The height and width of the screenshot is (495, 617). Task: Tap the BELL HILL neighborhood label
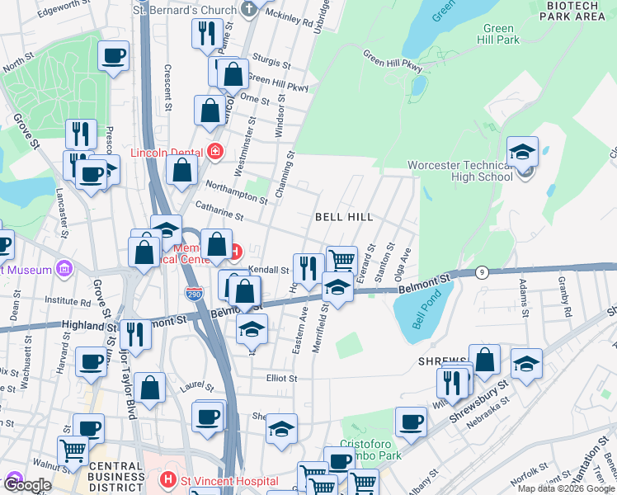pyautogui.click(x=344, y=217)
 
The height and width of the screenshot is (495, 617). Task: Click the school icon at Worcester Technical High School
pyautogui.click(x=522, y=152)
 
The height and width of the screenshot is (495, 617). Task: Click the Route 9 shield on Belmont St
pyautogui.click(x=483, y=271)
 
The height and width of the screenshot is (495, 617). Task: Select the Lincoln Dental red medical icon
pyautogui.click(x=215, y=151)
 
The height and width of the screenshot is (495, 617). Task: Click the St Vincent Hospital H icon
pyautogui.click(x=167, y=478)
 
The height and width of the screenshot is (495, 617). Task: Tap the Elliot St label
pyautogui.click(x=280, y=378)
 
